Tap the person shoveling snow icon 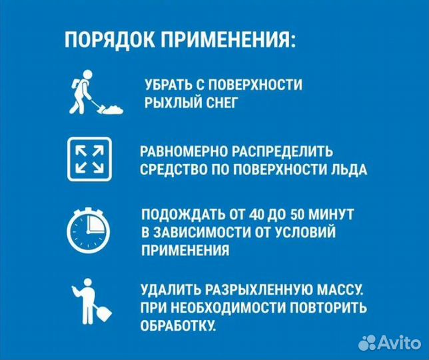coord(93,93)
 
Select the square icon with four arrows coord(89,160)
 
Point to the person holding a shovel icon coord(89,304)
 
